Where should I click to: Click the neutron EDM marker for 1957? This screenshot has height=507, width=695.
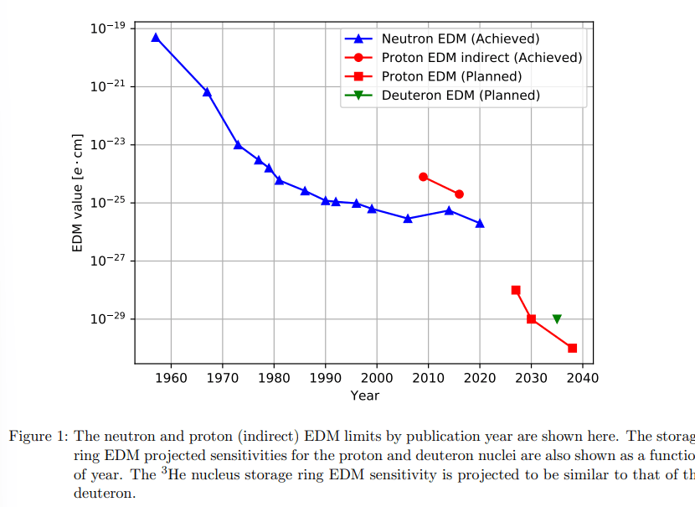pos(156,38)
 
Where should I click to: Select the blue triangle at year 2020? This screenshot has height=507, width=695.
pos(480,223)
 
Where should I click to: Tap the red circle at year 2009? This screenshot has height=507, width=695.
pos(423,177)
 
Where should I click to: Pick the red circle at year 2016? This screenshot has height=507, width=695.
pos(459,194)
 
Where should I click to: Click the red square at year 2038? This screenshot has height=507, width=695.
pos(572,348)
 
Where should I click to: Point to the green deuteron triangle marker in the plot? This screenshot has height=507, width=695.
pos(557,319)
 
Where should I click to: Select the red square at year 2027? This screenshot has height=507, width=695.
pos(516,290)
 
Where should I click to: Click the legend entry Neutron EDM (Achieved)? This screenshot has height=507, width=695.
pos(460,39)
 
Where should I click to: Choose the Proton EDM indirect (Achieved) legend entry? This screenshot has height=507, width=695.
pos(481,58)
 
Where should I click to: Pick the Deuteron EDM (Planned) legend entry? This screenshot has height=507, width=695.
pos(461,96)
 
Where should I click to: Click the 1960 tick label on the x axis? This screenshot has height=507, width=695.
pos(172,378)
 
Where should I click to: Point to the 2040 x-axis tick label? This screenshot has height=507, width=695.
pos(583,378)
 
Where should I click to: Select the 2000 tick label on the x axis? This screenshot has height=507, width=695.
pos(377,378)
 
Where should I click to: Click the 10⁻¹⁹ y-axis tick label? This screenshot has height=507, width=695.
pos(108,28)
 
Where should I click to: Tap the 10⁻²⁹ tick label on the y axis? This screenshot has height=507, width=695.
pos(108,318)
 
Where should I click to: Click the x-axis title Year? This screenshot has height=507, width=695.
pos(364,396)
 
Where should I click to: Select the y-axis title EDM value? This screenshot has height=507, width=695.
pos(78,192)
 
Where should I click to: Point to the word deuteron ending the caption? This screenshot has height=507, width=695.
pos(104,494)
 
